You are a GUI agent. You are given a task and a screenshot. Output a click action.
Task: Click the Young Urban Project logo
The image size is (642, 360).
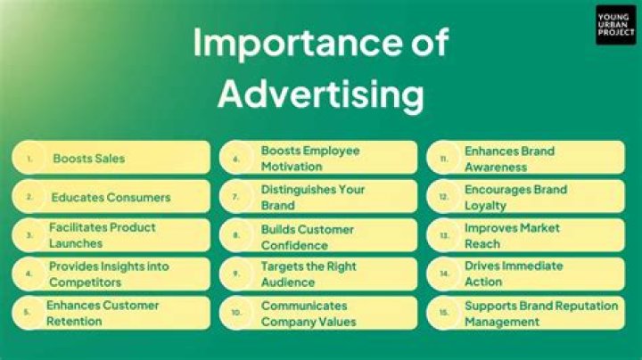click(x=616, y=24)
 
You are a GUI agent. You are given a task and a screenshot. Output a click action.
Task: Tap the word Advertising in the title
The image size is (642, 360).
click(x=321, y=93)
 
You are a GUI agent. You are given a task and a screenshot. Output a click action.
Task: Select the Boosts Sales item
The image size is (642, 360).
click(x=88, y=159)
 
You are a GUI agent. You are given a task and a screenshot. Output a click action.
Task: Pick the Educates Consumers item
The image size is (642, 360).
click(x=110, y=197)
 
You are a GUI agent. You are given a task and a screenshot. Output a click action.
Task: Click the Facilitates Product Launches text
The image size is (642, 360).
click(x=102, y=235)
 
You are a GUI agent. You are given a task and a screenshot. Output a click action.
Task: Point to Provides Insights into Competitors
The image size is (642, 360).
click(x=109, y=274)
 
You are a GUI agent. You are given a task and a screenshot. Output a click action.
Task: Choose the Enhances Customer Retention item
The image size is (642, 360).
click(x=103, y=313)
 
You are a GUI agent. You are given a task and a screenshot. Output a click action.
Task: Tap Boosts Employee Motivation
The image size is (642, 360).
click(x=310, y=158)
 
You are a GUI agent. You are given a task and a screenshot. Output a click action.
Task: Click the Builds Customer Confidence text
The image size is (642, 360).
click(x=307, y=235)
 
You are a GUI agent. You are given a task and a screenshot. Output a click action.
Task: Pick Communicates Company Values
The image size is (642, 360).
click(x=309, y=313)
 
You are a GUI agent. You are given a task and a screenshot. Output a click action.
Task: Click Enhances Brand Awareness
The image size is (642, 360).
click(x=509, y=158)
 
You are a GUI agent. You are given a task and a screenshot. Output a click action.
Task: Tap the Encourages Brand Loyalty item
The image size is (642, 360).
click(x=515, y=197)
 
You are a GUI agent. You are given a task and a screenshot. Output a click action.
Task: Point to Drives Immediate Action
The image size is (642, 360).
click(x=513, y=274)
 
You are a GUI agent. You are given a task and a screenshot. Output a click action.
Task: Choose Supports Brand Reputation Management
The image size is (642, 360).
click(x=540, y=313)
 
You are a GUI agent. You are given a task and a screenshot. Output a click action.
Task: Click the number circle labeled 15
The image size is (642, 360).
click(x=443, y=314)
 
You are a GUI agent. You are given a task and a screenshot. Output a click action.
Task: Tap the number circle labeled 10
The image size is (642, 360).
click(x=236, y=314)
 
